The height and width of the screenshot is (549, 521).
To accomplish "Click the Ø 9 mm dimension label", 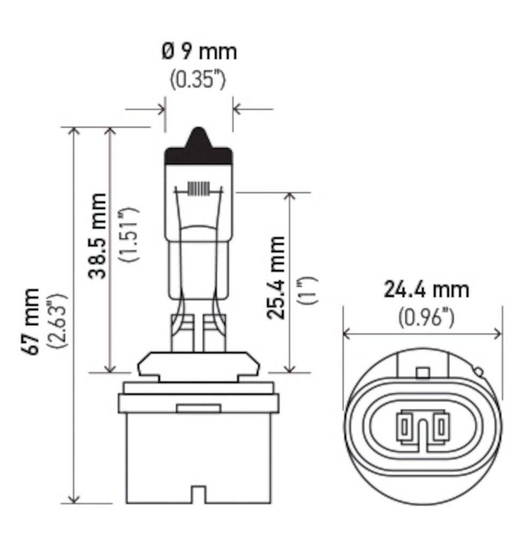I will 199,53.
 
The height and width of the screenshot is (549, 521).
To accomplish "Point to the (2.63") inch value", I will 57,321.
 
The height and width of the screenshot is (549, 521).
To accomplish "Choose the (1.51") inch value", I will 130,234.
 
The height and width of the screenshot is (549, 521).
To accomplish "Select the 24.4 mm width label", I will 425,290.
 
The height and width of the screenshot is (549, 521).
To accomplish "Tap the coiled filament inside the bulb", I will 199,189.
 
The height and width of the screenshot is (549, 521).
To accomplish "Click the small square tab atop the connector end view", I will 423,373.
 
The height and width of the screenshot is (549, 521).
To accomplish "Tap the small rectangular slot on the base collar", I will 198,409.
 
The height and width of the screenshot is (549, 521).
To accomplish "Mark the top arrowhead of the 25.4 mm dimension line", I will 290,196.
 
